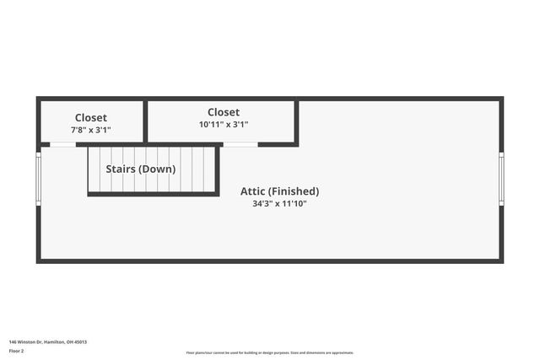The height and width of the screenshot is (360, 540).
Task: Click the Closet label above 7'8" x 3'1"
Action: point(91,118)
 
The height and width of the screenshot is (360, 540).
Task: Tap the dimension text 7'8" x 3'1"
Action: point(91,131)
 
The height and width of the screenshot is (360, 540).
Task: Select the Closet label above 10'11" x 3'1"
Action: point(224,112)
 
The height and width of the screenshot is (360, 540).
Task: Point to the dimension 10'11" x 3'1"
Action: point(224,125)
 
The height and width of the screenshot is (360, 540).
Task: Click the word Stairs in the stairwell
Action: point(121,169)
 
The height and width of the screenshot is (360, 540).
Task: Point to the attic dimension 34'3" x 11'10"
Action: point(279,204)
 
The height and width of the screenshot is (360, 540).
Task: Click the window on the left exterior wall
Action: point(38,178)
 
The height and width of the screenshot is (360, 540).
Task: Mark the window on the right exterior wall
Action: point(501,178)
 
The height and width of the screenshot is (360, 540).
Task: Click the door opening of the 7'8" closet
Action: point(62,144)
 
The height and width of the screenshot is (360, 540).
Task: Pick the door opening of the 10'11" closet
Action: point(240,144)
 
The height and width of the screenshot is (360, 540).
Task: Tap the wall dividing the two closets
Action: point(145,121)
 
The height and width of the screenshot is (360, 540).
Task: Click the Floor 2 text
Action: point(15,351)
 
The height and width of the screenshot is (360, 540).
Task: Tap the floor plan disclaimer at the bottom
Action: point(270,353)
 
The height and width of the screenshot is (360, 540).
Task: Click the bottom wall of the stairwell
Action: point(153,195)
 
